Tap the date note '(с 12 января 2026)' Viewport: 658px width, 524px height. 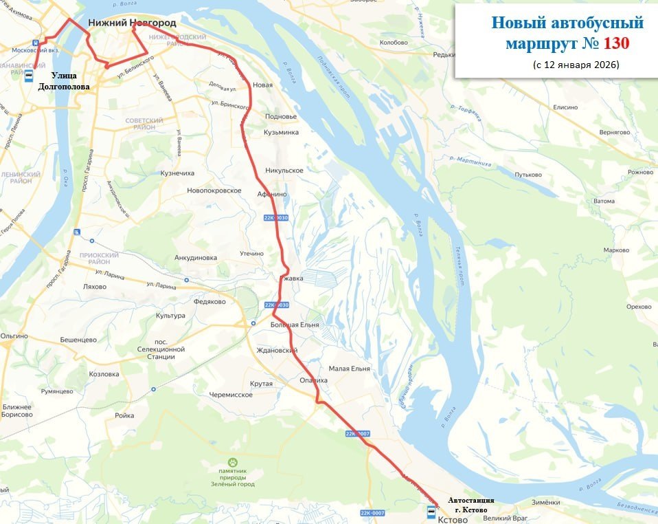point(576,65)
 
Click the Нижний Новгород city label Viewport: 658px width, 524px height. point(132,23)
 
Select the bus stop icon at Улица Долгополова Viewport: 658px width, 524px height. point(30,75)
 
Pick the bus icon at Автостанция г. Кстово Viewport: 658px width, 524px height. point(431,512)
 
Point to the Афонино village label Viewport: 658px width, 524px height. point(272,195)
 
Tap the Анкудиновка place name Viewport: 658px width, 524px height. point(196,258)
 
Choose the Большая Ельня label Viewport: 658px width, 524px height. point(295,324)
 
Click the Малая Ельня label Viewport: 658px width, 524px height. point(349,369)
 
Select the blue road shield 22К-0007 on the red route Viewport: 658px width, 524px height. point(358,433)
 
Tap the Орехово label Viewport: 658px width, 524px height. point(639,306)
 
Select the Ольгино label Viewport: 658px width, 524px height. point(14,336)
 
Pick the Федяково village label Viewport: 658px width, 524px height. point(210,301)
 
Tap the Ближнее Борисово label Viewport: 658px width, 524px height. point(18,411)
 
